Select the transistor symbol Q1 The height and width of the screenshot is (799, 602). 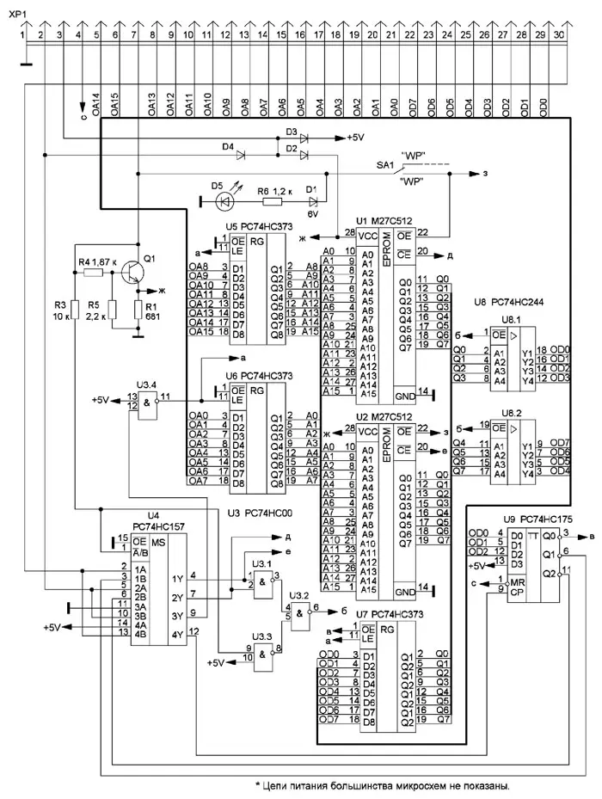pyautogui.click(x=132, y=272)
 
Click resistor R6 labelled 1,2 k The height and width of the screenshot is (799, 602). pyautogui.click(x=273, y=201)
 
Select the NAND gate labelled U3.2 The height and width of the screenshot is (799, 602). pyautogui.click(x=299, y=612)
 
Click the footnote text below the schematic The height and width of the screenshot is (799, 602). pyautogui.click(x=382, y=784)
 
